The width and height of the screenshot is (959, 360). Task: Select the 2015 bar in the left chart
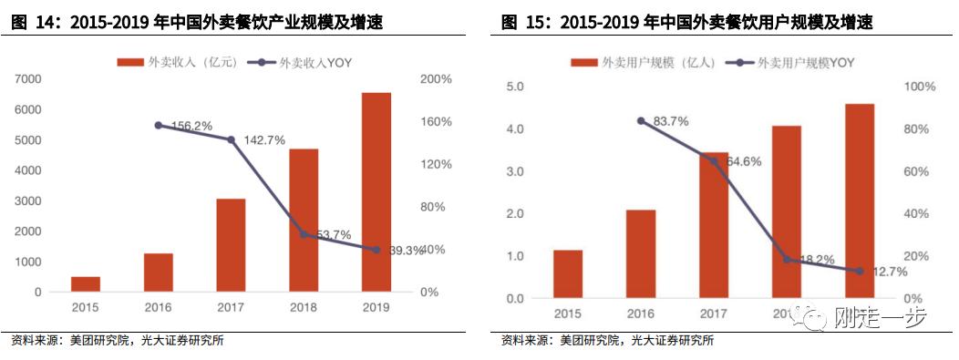[x=86, y=283]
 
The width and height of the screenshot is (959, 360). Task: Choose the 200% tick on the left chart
[x=436, y=79]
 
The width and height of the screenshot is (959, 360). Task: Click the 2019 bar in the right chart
[x=859, y=201]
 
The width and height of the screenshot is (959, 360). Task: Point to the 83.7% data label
[x=670, y=121]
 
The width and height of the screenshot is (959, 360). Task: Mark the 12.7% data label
[x=889, y=272]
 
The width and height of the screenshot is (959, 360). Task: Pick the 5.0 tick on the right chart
[x=516, y=87]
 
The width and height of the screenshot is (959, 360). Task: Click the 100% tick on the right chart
[x=920, y=87]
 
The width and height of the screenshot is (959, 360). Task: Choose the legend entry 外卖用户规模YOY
[x=798, y=62]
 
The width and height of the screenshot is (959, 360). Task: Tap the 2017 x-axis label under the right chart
[x=713, y=314]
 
